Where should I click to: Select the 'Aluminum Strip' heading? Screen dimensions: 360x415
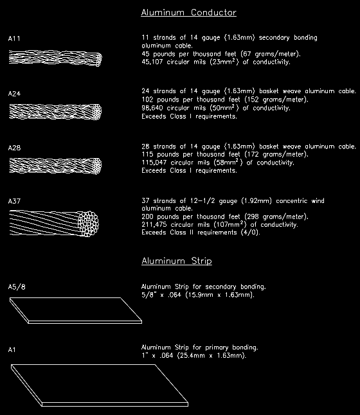pyautogui.click(x=176, y=261)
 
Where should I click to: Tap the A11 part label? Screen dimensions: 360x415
pyautogui.click(x=15, y=39)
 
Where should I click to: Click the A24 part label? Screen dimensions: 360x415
pyautogui.click(x=15, y=94)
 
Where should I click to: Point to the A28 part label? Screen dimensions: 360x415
pyautogui.click(x=15, y=148)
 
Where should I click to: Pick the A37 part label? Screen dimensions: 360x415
pyautogui.click(x=15, y=202)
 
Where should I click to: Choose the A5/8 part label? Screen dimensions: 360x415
pyautogui.click(x=17, y=287)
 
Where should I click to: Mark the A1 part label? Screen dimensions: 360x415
pyautogui.click(x=12, y=349)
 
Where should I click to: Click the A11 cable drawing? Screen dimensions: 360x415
pyautogui.click(x=55, y=58)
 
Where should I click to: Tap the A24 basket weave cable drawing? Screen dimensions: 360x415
pyautogui.click(x=55, y=112)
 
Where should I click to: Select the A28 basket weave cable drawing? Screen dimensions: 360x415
pyautogui.click(x=55, y=166)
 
